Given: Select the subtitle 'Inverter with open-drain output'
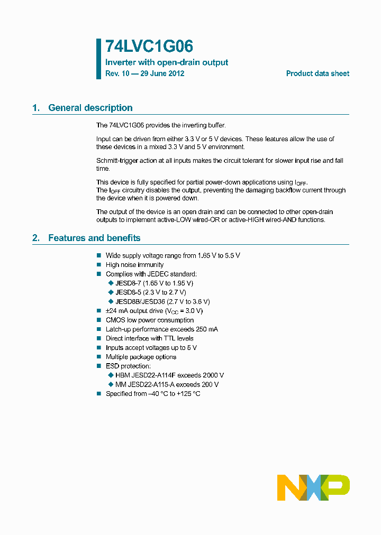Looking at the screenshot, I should (167, 62).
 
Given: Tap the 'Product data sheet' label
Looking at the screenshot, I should (317, 73).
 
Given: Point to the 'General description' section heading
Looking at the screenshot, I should (90, 108).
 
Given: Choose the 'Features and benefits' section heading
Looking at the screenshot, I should (94, 238).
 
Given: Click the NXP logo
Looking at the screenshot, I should (313, 487).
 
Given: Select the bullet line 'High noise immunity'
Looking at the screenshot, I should (134, 265).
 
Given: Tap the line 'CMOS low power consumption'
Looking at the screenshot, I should (150, 320).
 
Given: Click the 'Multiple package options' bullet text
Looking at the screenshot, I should (141, 357).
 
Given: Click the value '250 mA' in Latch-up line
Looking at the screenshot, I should (206, 329).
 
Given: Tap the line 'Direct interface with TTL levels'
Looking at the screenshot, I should (150, 338).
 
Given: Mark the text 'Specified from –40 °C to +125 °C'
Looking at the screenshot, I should (153, 394).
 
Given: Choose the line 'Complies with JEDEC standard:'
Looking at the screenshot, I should (151, 274).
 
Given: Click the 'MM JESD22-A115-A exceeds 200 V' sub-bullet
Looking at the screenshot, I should (167, 384).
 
